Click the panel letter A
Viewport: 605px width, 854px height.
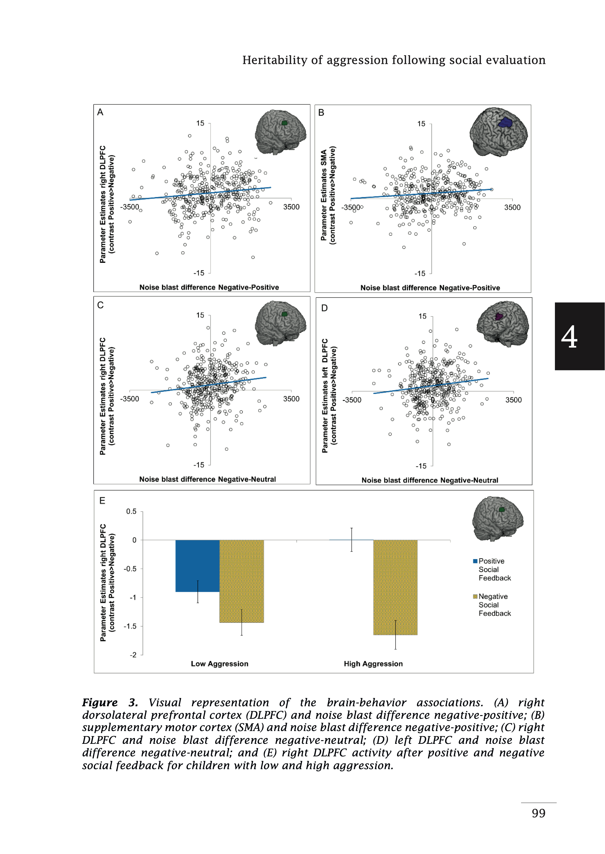(x=100, y=112)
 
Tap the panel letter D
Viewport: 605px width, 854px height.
(x=324, y=308)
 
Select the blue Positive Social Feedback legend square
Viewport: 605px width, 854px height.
(x=475, y=561)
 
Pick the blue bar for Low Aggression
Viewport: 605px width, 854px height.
(x=197, y=566)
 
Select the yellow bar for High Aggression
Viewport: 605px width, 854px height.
(x=395, y=587)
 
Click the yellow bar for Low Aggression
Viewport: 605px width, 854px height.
(x=241, y=581)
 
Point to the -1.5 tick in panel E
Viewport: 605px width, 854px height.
(x=130, y=626)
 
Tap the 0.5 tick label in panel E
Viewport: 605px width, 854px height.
(x=131, y=512)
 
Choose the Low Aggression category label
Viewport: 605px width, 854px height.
(x=219, y=664)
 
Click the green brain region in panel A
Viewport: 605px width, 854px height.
(x=285, y=123)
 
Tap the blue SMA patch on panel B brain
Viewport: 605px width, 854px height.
(x=505, y=123)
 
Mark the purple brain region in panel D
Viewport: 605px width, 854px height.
(x=498, y=317)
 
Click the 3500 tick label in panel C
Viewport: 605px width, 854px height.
(x=291, y=399)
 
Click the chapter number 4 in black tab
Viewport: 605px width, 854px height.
(x=569, y=337)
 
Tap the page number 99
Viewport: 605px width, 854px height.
(x=538, y=813)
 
